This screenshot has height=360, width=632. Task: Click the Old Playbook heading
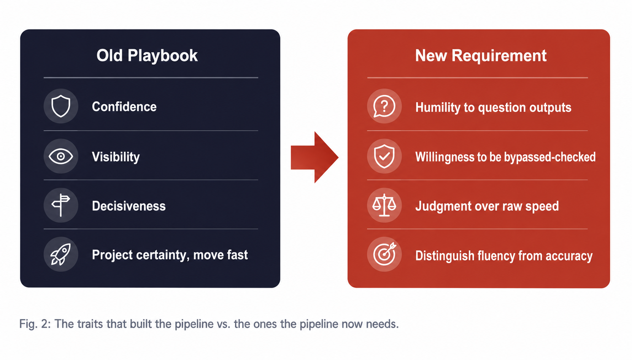click(147, 56)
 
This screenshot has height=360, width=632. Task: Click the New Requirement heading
click(481, 56)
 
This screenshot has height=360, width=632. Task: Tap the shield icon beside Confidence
click(61, 106)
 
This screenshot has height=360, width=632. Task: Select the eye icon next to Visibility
click(61, 156)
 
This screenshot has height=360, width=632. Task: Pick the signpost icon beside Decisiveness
click(61, 205)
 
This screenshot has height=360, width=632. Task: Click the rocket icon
click(61, 254)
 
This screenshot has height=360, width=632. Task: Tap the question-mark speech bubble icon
click(384, 106)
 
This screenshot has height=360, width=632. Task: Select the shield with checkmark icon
click(384, 156)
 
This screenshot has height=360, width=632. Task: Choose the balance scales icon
click(384, 205)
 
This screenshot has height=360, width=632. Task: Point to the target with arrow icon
click(384, 254)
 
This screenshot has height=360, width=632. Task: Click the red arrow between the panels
click(314, 157)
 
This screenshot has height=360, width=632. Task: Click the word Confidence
click(124, 107)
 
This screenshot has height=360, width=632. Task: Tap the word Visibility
click(116, 157)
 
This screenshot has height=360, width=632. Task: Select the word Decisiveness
click(129, 206)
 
